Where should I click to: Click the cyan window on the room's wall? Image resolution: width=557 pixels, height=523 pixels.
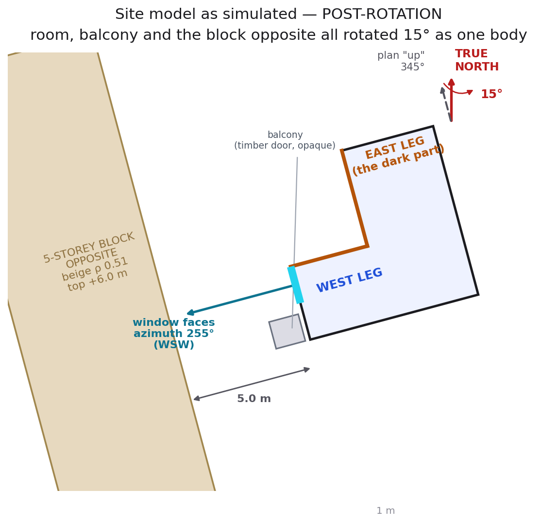tap(296, 285)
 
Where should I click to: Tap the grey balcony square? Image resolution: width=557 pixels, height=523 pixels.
tap(287, 332)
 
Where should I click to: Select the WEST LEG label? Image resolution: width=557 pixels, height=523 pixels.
tap(349, 280)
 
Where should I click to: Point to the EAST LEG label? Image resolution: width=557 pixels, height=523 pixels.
tap(395, 148)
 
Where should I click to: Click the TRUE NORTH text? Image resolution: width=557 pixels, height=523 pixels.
tap(477, 60)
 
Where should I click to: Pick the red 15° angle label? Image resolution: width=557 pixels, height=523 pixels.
tap(491, 94)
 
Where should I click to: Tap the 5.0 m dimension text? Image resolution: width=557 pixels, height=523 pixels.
tap(254, 399)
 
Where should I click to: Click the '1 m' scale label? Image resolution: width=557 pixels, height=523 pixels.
tap(386, 510)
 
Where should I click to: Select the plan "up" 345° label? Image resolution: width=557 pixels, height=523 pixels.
tap(401, 61)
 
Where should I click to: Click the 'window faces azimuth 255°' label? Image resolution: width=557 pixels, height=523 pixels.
tap(174, 328)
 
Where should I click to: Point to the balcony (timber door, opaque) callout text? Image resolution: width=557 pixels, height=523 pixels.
tap(285, 140)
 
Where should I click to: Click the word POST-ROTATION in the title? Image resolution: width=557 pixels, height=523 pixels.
tap(382, 14)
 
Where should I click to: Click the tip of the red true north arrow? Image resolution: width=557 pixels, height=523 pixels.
tap(452, 79)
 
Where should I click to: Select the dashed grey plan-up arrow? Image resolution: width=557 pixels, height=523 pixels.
tap(446, 104)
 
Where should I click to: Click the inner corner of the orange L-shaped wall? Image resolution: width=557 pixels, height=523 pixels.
tap(368, 246)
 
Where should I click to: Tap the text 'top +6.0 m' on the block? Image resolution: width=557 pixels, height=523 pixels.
tap(98, 280)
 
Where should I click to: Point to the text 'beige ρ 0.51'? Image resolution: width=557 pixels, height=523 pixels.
tap(95, 269)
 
